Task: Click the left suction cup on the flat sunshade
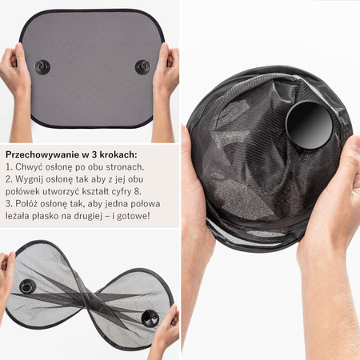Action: [42, 67]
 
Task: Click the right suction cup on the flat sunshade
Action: [143, 67]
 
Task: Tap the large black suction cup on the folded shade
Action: [309, 125]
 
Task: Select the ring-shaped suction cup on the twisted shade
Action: [27, 286]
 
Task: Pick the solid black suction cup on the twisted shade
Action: [149, 318]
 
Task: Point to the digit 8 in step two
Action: [138, 191]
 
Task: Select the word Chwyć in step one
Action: [26, 167]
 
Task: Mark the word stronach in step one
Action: [125, 167]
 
